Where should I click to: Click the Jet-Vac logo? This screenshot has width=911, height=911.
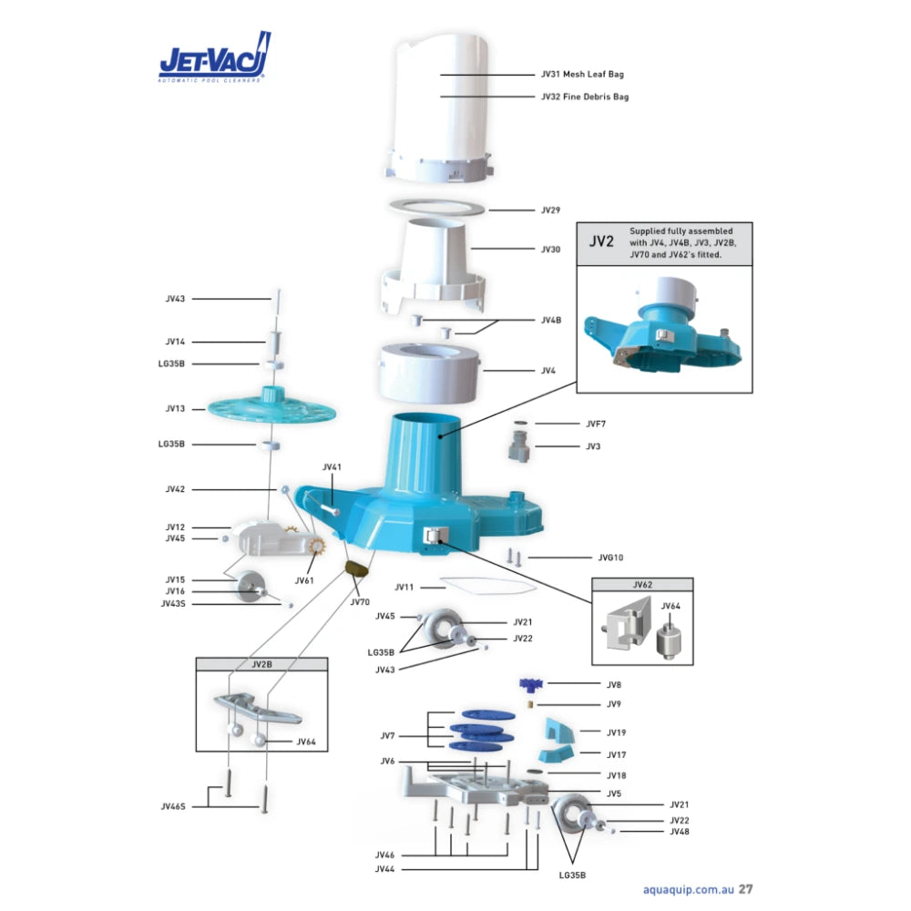point(215,56)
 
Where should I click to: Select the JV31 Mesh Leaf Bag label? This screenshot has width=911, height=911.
point(582,75)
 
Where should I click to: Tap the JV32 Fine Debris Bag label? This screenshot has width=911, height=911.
point(585,97)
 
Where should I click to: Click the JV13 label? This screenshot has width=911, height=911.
point(175,408)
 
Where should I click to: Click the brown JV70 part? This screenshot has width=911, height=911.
point(357,568)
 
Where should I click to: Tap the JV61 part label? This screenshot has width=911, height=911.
point(304,580)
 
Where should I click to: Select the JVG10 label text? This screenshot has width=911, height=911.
point(610,558)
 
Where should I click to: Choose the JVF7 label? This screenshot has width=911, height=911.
point(596,425)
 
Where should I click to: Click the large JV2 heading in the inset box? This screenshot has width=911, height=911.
point(601,241)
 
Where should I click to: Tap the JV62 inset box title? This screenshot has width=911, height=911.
point(642,585)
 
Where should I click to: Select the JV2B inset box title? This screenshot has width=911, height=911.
point(261,664)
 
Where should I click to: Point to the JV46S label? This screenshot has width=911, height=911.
point(173,806)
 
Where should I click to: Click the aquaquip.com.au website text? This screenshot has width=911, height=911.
point(689,889)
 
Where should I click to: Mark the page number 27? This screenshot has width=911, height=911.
point(745,889)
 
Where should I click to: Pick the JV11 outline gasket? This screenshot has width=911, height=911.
point(488,586)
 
